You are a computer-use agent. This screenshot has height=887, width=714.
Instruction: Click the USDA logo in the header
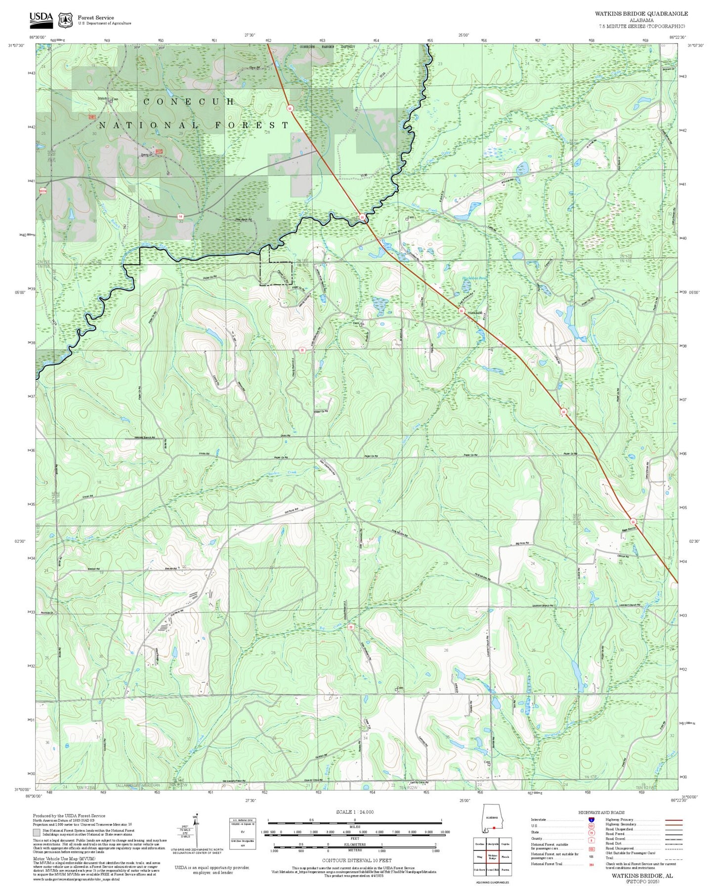click(x=41, y=19)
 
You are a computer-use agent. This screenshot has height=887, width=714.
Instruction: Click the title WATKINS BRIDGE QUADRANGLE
click(x=641, y=14)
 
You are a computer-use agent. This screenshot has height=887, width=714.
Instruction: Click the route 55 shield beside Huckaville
click(x=461, y=310)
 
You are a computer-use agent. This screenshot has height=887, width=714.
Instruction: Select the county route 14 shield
click(x=181, y=216)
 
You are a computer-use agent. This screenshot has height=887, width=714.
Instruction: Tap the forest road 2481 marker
click(x=92, y=117)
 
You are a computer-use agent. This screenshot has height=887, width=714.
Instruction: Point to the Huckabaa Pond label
click(x=473, y=278)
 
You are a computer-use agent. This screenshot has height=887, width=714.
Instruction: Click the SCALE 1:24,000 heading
click(x=354, y=812)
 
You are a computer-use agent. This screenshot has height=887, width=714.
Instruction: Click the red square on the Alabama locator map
click(x=493, y=828)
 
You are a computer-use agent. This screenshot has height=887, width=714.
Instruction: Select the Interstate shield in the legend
click(x=591, y=819)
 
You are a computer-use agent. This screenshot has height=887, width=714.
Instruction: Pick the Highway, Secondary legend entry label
click(x=623, y=824)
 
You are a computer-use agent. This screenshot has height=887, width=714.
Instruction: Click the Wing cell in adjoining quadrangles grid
click(x=479, y=857)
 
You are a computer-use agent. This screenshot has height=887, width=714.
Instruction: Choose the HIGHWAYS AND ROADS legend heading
click(x=601, y=812)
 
